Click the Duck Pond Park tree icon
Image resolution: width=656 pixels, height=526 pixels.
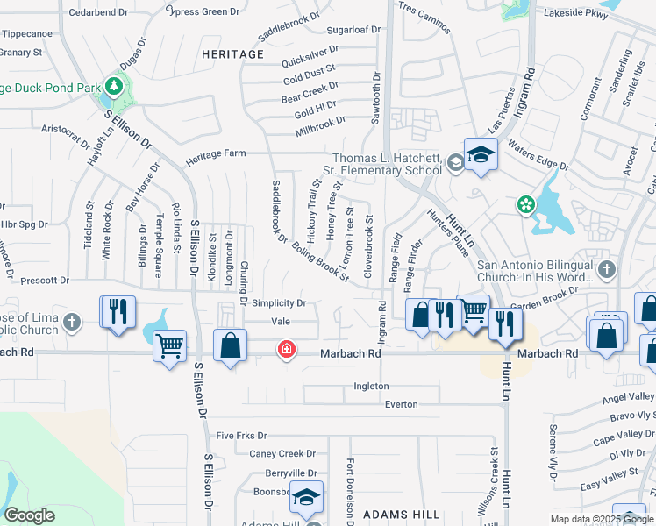pos(113,86)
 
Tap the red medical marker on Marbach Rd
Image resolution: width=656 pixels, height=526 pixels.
pos(285,350)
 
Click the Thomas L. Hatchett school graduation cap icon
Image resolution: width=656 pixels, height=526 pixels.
pos(481,155)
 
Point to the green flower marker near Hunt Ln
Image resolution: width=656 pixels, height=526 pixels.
pos(526,205)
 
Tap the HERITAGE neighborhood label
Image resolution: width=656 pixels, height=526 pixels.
pos(232,54)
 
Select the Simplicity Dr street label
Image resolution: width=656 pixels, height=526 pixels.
pos(279,303)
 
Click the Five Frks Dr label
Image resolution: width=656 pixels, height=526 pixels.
pos(241,435)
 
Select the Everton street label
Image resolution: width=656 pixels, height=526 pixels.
pos(401,404)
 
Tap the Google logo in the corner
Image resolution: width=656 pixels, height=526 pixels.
pos(31,515)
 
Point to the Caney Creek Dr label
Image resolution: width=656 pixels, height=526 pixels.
pos(282,453)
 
